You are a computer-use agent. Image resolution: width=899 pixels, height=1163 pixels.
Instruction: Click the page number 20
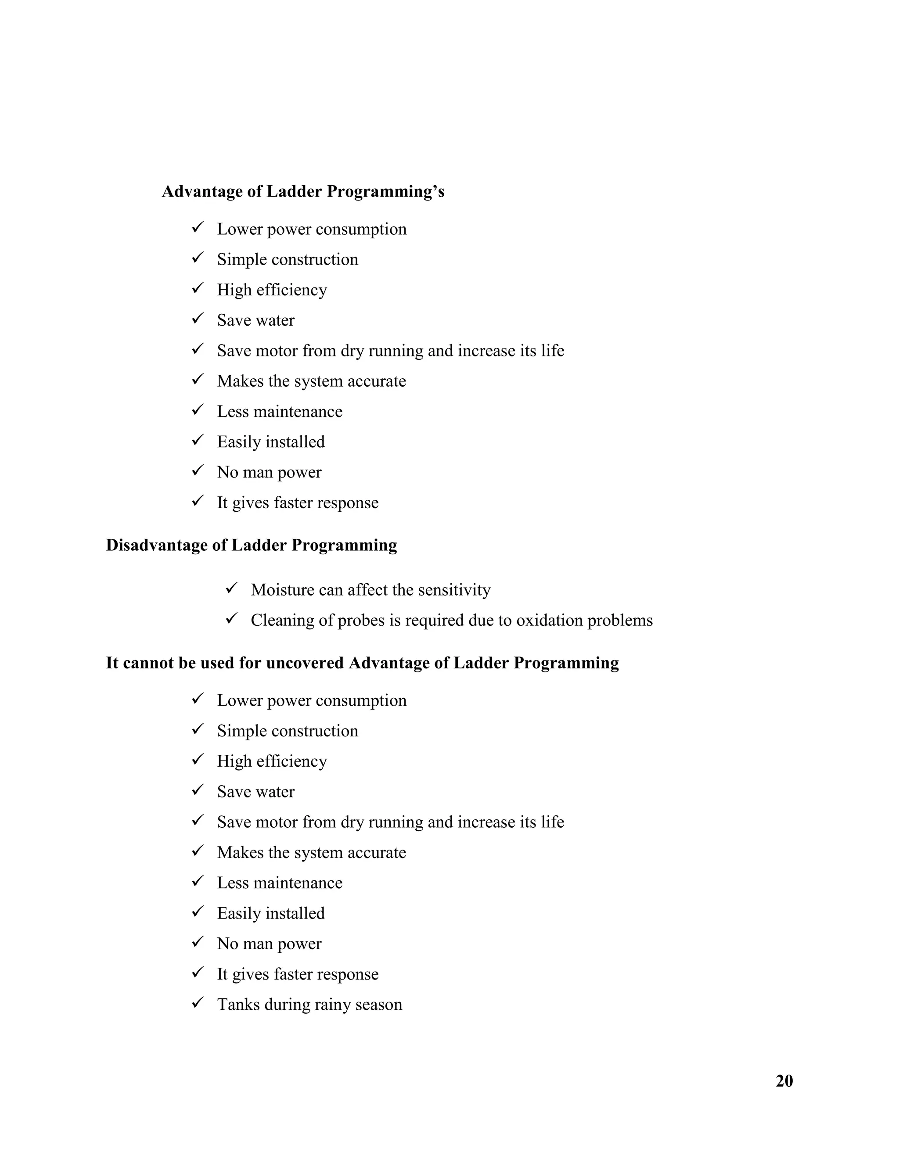[x=784, y=1081]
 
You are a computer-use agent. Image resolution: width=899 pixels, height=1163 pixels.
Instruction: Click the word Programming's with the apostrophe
[x=385, y=191]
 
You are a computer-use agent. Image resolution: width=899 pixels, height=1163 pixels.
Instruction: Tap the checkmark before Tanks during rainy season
[x=198, y=1003]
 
